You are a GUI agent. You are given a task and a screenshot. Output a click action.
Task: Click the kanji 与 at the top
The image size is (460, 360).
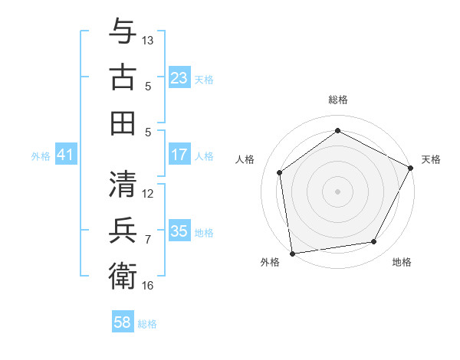click(123, 32)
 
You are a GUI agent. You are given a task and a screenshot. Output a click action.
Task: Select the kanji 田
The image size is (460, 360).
click(123, 123)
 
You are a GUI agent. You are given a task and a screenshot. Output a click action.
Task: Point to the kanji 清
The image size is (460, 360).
click(123, 184)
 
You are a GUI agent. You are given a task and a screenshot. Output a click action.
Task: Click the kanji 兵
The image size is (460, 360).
click(123, 230)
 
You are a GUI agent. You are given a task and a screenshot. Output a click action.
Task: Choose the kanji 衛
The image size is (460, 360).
click(123, 276)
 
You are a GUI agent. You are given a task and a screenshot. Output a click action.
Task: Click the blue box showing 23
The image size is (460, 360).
click(179, 78)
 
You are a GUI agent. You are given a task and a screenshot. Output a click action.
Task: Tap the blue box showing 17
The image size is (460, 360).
click(179, 155)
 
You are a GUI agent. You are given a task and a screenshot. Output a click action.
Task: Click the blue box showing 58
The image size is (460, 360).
click(123, 322)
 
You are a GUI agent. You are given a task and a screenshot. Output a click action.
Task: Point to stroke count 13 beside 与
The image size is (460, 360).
click(148, 40)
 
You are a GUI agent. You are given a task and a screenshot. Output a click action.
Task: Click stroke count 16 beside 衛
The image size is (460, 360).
click(148, 285)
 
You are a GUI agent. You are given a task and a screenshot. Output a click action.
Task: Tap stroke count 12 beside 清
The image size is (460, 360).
click(148, 193)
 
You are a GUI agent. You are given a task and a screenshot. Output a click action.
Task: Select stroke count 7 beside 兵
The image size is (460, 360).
click(148, 239)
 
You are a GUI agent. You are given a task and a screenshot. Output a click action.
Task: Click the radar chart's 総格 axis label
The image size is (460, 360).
click(337, 100)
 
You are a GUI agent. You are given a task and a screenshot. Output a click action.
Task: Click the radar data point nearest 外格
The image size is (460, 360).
click(291, 253)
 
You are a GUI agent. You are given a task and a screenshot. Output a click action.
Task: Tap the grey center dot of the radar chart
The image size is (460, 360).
click(337, 191)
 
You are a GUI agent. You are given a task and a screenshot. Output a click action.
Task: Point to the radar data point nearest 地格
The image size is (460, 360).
click(374, 241)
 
